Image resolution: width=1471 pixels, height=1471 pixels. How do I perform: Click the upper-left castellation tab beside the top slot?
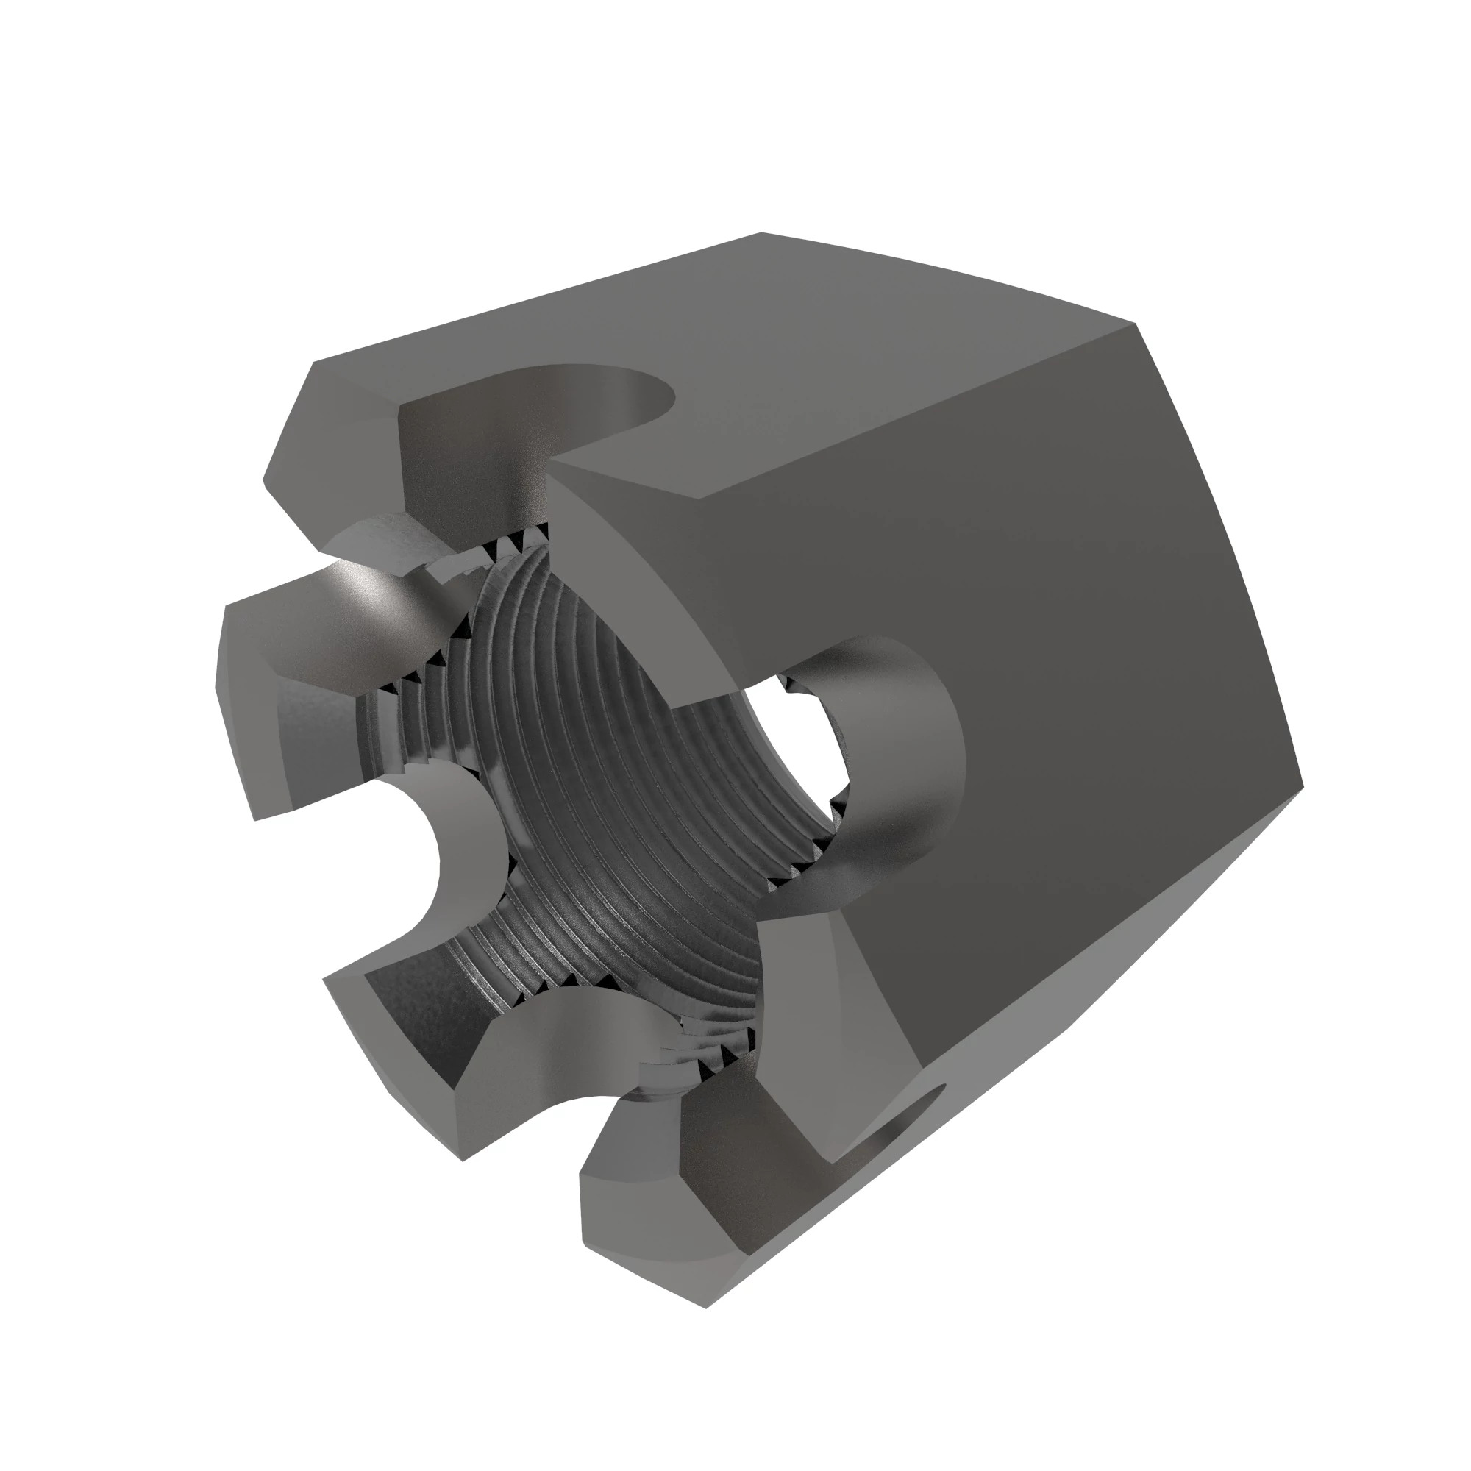(335, 449)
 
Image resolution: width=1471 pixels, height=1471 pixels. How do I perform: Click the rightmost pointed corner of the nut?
(1302, 784)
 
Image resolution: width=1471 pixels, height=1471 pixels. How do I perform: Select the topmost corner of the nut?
(761, 234)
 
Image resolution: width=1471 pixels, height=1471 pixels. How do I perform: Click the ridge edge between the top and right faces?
(913, 411)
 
